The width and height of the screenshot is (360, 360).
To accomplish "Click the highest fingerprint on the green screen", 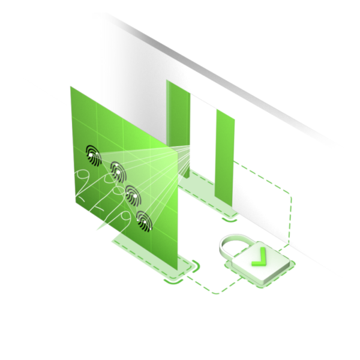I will pyautogui.click(x=94, y=153).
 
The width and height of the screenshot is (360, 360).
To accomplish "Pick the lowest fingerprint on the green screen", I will pyautogui.click(x=144, y=221).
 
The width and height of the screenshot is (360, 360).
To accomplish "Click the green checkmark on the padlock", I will pyautogui.click(x=259, y=259).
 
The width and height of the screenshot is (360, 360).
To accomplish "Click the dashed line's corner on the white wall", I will pyautogui.click(x=290, y=194).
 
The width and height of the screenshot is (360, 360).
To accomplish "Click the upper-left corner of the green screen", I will pyautogui.click(x=71, y=87).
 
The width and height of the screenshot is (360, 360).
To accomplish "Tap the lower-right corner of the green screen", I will pyautogui.click(x=178, y=269).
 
